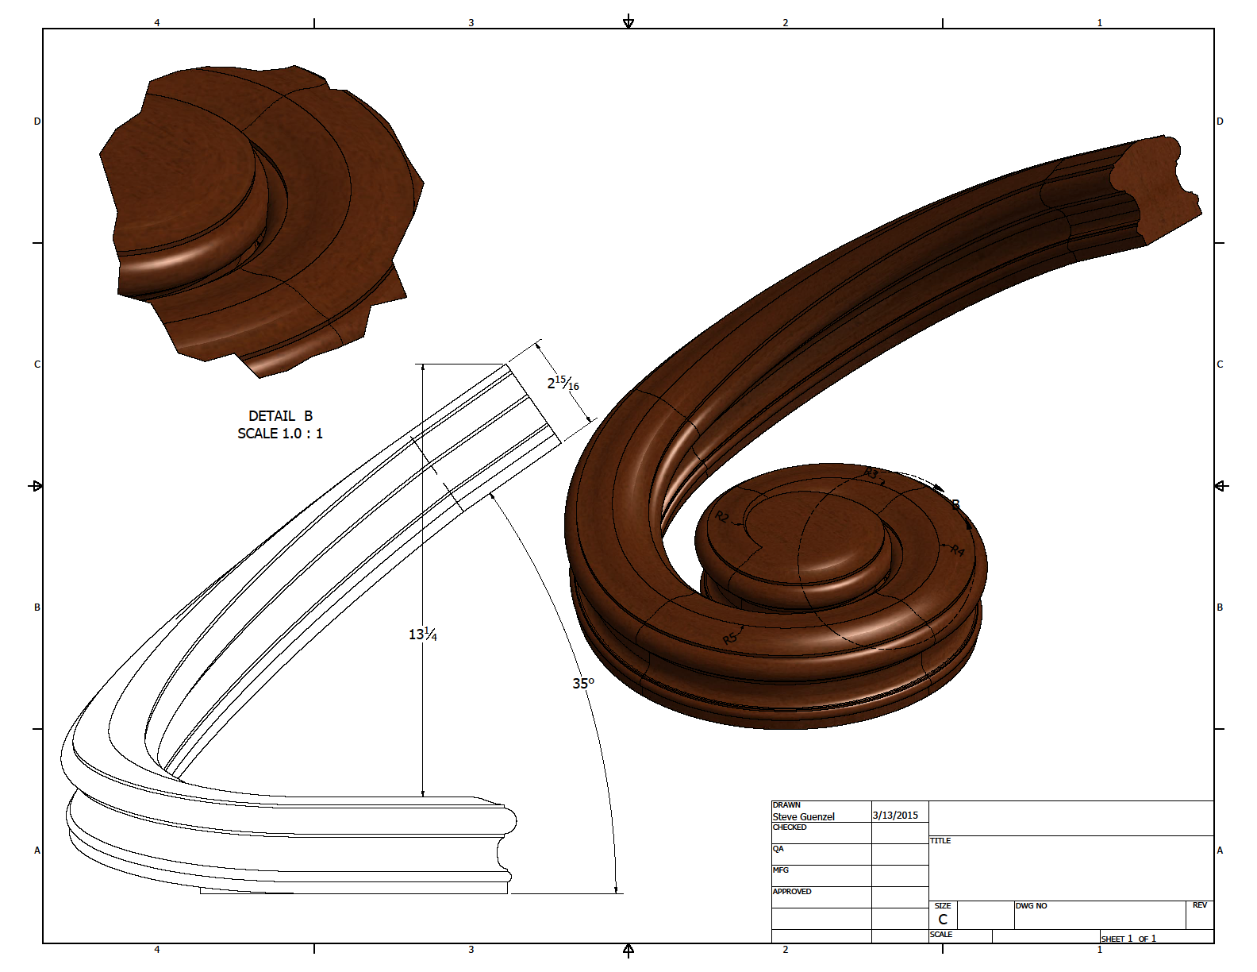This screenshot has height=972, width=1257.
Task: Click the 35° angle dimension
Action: coord(582,684)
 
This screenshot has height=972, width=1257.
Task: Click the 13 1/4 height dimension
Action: coord(422,634)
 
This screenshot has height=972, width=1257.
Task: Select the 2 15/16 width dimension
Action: coord(563,384)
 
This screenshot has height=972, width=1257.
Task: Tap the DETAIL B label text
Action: coord(280,416)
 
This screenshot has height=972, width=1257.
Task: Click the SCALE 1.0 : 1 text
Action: coord(280,434)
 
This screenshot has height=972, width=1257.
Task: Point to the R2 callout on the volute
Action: coord(722,517)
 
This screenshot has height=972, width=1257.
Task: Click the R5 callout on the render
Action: coord(730,638)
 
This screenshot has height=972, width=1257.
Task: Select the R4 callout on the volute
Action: coord(957,550)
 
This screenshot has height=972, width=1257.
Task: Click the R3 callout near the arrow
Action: coord(871,474)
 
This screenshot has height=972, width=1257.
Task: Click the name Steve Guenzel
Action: coord(803,816)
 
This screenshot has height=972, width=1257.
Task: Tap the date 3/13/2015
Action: coord(895,816)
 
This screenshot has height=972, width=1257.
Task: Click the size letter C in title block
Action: coord(943,919)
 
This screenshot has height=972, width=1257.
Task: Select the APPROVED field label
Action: coord(792,892)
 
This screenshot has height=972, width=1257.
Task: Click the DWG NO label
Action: coord(1031,906)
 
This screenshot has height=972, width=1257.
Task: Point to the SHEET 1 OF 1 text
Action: coord(1128,939)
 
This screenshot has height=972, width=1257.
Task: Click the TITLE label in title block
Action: coord(940,841)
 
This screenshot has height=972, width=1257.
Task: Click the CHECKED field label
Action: coord(790,827)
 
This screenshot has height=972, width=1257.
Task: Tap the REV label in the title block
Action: coord(1199,905)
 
